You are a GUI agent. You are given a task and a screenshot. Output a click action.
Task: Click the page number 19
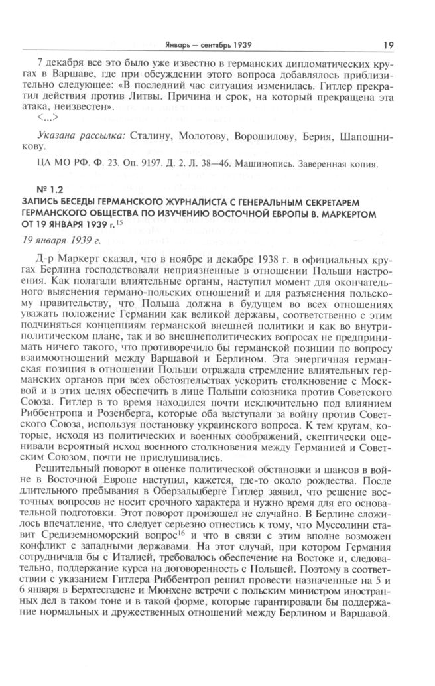click(388, 45)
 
